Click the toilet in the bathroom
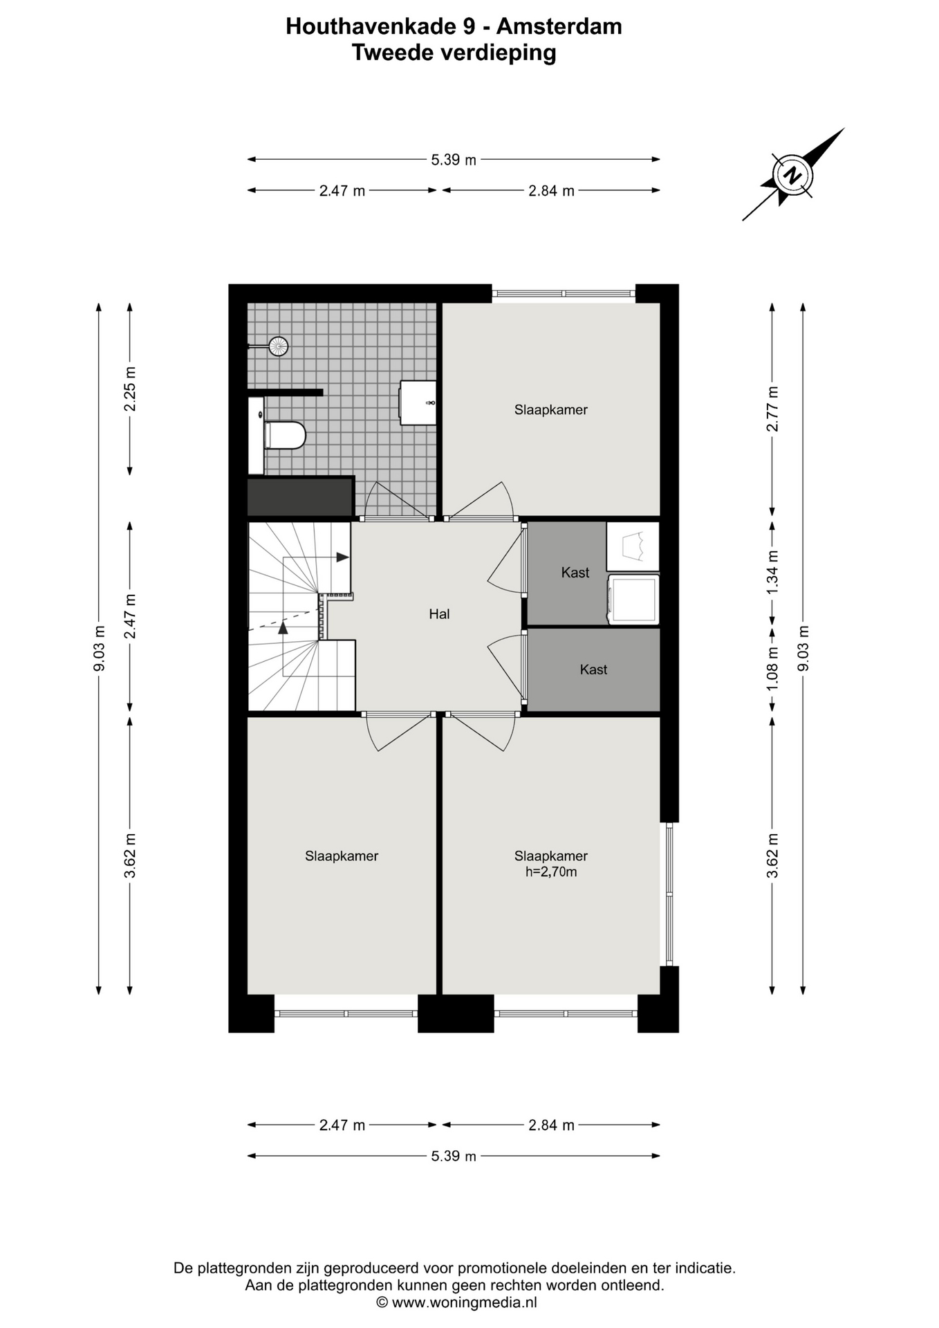[x=284, y=435]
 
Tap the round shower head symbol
[x=278, y=346]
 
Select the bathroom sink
[x=418, y=403]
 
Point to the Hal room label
[x=439, y=614]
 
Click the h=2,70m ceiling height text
[x=551, y=871]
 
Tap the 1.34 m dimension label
[x=773, y=571]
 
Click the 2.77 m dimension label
[x=773, y=409]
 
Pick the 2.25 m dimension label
[x=130, y=389]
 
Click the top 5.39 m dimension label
[x=454, y=160]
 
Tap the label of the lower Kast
[x=593, y=670]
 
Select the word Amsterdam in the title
[x=559, y=26]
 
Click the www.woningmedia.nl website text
[x=464, y=1302]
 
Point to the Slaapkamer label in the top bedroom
[x=551, y=409]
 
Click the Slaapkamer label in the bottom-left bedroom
[x=342, y=856]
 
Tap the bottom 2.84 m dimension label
[x=552, y=1125]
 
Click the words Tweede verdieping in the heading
[x=454, y=53]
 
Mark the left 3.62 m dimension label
[x=130, y=856]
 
